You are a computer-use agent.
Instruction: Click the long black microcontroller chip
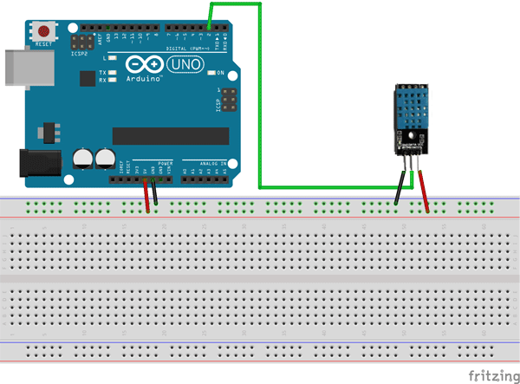click(168, 136)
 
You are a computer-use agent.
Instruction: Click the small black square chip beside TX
click(87, 78)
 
